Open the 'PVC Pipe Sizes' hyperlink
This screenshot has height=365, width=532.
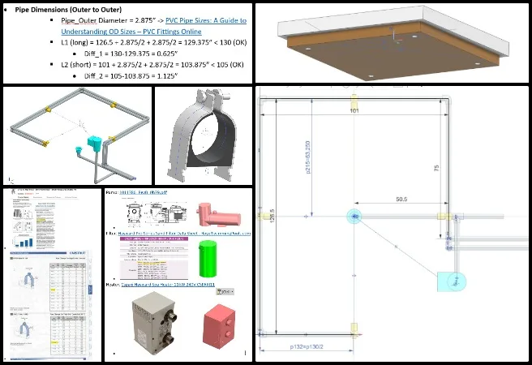coord(207,20)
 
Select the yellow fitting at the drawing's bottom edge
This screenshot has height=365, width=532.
coord(354,328)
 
